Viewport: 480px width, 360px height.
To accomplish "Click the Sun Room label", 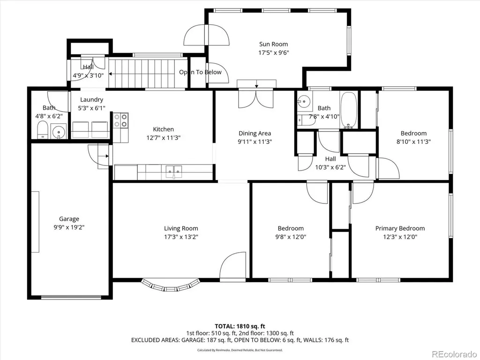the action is tap(273, 44).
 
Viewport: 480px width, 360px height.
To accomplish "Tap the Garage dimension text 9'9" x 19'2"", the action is tap(69, 227).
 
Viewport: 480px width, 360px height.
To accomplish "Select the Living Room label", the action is tap(181, 228).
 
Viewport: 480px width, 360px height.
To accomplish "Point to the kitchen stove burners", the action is tap(120, 120).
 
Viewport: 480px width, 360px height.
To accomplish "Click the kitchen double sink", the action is tap(173, 171).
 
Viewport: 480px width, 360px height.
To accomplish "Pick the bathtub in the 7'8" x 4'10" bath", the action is tap(348, 110).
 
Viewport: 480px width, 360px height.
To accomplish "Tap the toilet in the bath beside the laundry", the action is tap(43, 130).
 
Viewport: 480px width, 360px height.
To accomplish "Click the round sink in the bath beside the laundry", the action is tap(58, 132).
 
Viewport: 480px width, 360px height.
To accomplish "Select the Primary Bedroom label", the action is tap(400, 228).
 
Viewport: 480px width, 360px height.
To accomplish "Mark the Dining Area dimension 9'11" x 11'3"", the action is tap(255, 142).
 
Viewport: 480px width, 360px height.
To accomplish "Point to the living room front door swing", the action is tap(232, 265).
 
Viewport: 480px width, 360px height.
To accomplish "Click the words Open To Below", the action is tap(200, 72).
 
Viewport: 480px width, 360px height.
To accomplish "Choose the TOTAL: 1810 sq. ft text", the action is tap(240, 326).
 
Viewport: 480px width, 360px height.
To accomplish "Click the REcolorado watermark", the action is tap(454, 354).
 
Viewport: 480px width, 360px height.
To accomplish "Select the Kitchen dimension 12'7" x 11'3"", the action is tap(164, 138).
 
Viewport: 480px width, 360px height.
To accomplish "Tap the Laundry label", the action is tap(91, 100).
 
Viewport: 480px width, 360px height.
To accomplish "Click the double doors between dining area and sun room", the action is tap(255, 98).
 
